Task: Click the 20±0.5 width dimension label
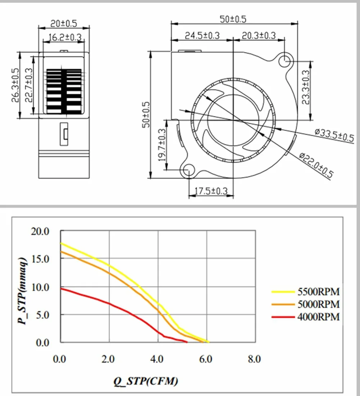[x=64, y=23]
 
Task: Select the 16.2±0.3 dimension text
[x=65, y=37]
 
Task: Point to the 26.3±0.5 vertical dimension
[x=15, y=85]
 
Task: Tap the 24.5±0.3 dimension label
[x=202, y=35]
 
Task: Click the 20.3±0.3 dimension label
[x=259, y=35]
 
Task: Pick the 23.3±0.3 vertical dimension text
[x=306, y=87]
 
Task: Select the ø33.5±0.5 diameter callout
[x=334, y=135]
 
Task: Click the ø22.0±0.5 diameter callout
[x=316, y=165]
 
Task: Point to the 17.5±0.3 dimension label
[x=211, y=191]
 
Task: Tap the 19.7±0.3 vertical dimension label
[x=162, y=145]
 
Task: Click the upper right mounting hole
[x=285, y=60]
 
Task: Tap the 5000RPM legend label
[x=318, y=304]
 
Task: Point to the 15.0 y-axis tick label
[x=40, y=259]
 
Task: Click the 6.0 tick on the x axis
[x=206, y=359]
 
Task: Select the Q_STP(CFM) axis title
[x=146, y=381]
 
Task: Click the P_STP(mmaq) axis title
[x=22, y=291]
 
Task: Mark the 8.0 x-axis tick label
[x=254, y=359]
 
